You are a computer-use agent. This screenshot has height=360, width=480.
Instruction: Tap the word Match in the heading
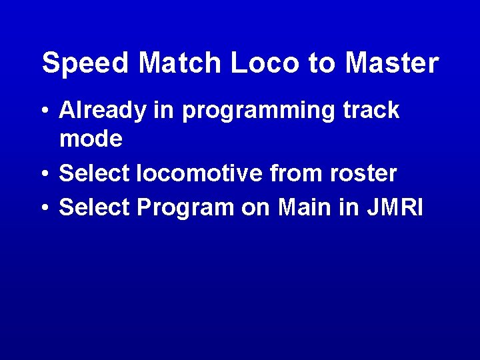coord(180,64)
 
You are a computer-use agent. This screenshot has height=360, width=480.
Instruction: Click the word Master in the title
coord(393,64)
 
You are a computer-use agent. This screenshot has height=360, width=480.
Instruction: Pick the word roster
coord(363,174)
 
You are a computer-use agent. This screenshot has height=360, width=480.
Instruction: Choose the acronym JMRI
coord(395,207)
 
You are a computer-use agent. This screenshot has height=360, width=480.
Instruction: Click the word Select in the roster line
coord(95,174)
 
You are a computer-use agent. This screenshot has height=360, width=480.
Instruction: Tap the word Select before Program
coord(95,207)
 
